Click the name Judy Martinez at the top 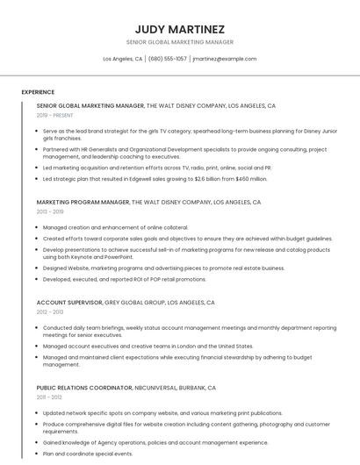[179, 29]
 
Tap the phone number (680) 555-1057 [167, 59]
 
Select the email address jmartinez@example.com [224, 59]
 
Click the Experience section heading [38, 92]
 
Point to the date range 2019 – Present [54, 115]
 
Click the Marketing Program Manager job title [83, 202]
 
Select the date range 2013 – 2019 [50, 211]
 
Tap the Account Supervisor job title [69, 303]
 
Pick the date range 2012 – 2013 [50, 312]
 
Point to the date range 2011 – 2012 [49, 397]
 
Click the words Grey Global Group [135, 303]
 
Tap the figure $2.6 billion [210, 178]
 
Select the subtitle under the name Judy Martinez [179, 42]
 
